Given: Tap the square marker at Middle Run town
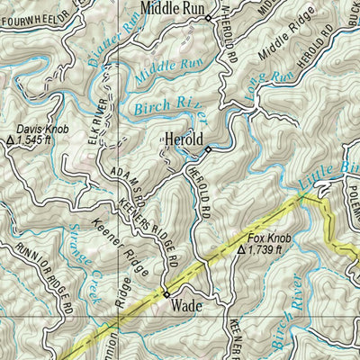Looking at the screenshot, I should click(207, 17).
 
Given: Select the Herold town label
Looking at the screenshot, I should click(183, 139).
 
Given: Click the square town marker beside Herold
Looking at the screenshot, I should click(207, 148).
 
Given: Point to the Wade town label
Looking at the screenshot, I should click(184, 306).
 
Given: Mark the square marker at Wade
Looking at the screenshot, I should click(166, 292).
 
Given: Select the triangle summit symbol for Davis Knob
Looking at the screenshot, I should click(11, 141).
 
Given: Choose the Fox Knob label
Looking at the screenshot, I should click(265, 238).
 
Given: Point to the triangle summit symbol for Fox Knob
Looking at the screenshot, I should click(241, 249).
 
